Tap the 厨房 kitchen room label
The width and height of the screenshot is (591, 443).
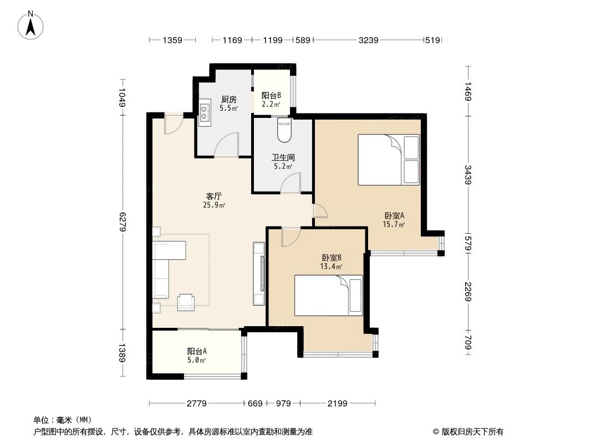[x=228, y=104]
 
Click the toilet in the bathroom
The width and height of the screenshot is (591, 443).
[x=284, y=130]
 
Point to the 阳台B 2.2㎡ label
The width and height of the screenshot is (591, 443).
[x=271, y=99]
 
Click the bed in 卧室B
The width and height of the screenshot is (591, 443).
[x=328, y=295]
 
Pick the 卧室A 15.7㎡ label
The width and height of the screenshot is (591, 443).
[x=394, y=220]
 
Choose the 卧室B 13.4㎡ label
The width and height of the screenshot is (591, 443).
[x=331, y=261]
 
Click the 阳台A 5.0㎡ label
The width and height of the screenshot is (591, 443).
[x=197, y=356]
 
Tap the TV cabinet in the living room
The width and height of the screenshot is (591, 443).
[x=259, y=274]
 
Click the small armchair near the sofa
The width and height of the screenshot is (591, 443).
[x=186, y=302]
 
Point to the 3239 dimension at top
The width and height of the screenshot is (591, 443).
[x=368, y=40]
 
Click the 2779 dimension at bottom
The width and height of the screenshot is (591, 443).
[x=196, y=404]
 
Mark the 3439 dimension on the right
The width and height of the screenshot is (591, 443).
[x=468, y=174]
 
